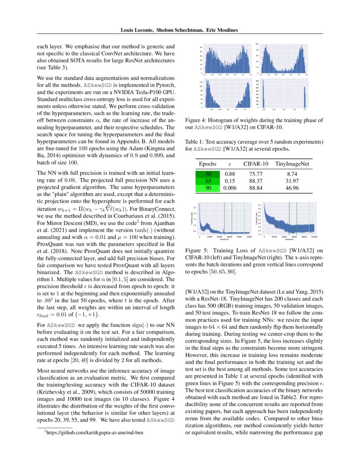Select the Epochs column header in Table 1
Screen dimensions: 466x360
point(208,164)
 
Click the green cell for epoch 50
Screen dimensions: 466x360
point(208,174)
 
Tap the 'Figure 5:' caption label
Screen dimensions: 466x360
point(198,250)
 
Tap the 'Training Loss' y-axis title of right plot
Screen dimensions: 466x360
point(257,219)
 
